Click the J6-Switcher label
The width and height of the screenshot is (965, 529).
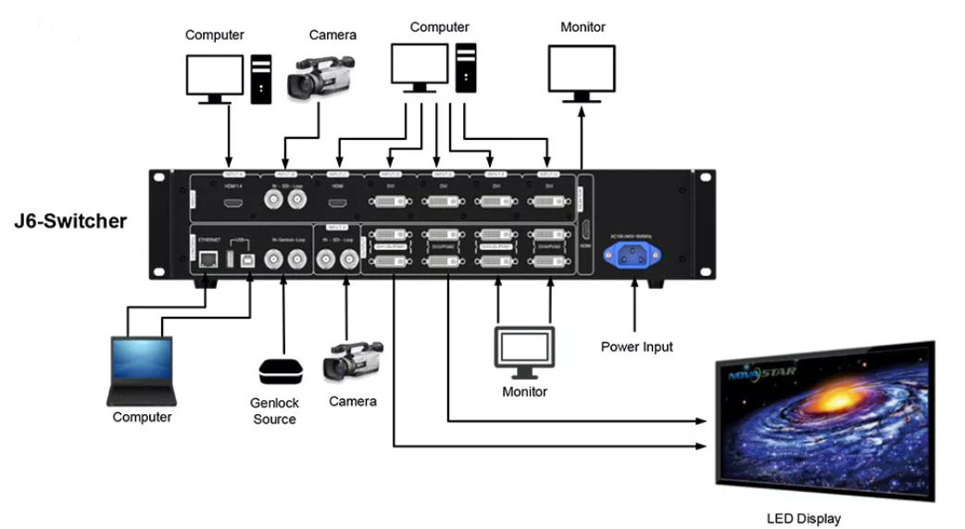click(69, 221)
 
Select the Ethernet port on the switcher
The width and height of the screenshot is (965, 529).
click(207, 260)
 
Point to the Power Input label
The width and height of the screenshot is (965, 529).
click(636, 346)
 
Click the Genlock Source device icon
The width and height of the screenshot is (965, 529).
click(281, 372)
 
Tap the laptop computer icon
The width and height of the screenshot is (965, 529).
click(141, 371)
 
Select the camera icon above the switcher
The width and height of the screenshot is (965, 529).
click(320, 76)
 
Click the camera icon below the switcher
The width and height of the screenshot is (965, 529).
click(353, 362)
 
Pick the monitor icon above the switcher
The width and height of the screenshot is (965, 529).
click(583, 71)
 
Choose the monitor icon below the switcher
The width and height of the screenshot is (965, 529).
click(525, 351)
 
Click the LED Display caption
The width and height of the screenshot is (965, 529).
click(804, 519)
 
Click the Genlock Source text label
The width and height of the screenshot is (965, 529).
click(274, 411)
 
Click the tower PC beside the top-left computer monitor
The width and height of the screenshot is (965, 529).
click(262, 78)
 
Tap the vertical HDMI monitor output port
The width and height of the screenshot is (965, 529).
click(585, 232)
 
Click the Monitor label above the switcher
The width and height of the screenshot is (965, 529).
click(583, 27)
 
